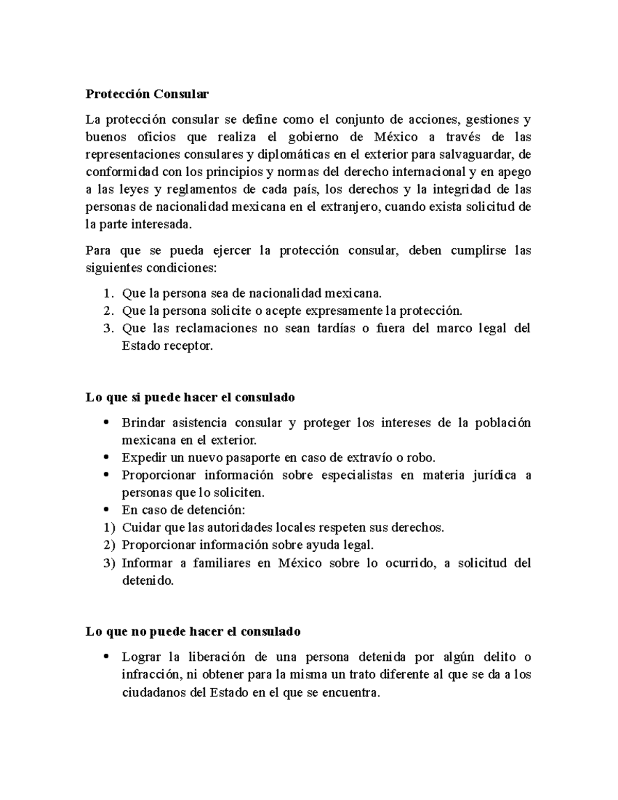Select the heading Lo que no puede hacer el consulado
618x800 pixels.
pos(193,632)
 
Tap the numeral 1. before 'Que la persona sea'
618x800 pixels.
pos(107,294)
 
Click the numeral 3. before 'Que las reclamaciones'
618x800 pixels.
pos(107,329)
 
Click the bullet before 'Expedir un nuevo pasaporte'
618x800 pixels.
pos(106,457)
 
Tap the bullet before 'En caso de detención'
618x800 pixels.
pos(106,510)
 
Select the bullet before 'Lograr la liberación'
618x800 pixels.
pos(106,657)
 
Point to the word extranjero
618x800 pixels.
pos(349,208)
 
